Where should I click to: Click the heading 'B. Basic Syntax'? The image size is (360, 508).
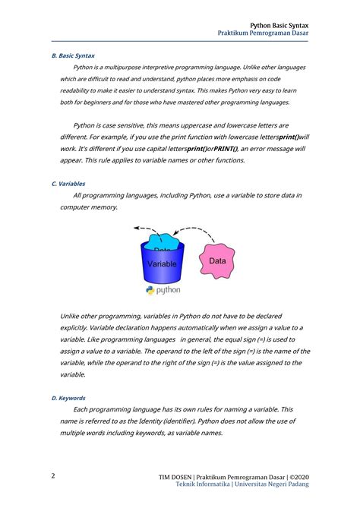[72, 55]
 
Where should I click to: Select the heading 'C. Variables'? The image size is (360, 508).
[68, 184]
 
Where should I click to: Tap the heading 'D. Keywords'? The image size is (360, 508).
[68, 398]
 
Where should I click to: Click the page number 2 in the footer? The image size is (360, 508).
[53, 476]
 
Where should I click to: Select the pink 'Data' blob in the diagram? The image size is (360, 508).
[217, 260]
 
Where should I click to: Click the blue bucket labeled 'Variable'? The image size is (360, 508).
[162, 266]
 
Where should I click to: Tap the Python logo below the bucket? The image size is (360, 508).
[162, 290]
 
